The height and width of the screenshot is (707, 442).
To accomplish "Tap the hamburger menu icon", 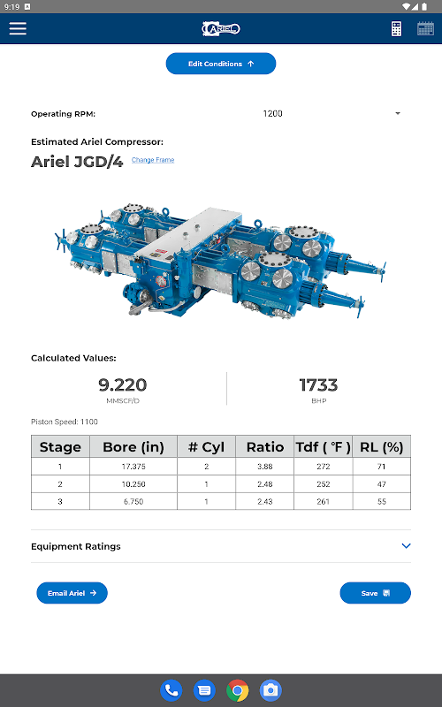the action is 18,28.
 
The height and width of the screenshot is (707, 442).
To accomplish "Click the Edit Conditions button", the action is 220,64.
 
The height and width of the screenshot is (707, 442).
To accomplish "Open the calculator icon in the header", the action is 396,29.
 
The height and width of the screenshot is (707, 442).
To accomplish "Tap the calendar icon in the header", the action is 425,29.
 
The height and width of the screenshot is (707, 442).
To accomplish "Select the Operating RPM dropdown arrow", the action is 397,114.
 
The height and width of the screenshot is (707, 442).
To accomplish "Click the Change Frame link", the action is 153,160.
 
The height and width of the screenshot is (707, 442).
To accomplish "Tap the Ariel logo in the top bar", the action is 221,29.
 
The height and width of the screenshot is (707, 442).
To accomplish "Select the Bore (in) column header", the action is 133,447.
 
